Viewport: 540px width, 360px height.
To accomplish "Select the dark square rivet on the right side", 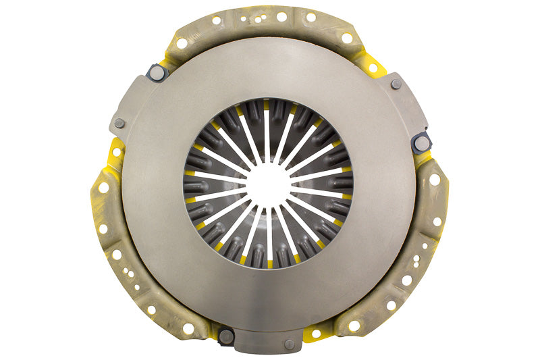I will tap(421, 141).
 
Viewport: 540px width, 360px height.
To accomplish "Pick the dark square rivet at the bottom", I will tap(225, 335).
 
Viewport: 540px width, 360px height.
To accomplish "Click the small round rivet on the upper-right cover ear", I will tap(396, 84).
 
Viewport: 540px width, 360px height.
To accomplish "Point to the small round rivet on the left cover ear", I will tap(119, 123).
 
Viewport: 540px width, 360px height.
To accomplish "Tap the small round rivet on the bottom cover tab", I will tap(289, 344).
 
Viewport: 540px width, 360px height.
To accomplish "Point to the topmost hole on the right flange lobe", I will tap(435, 180).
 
